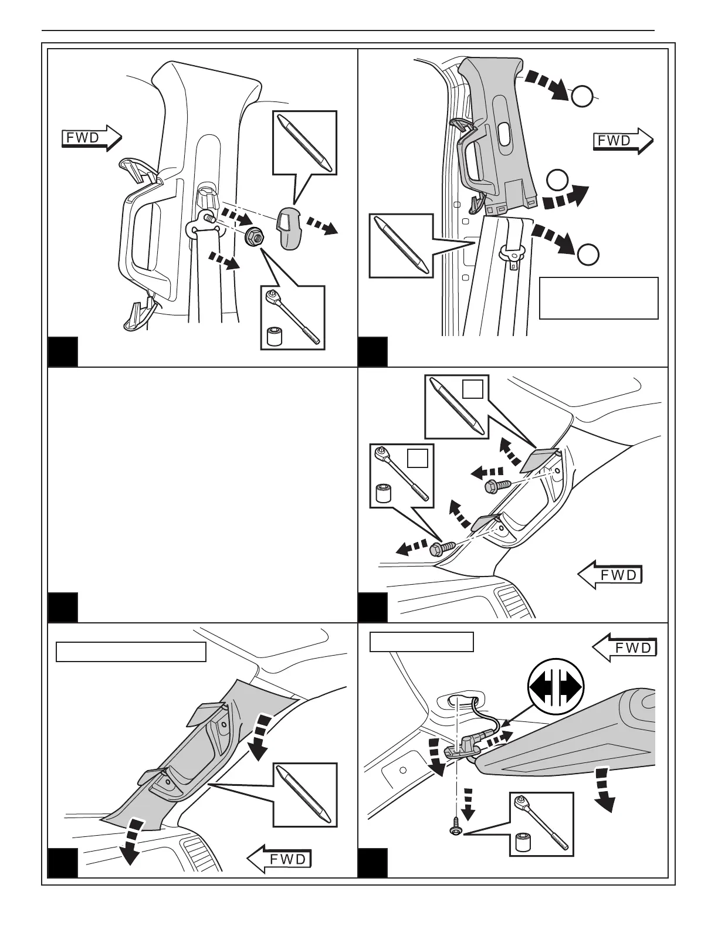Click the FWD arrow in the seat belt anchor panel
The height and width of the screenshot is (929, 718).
click(92, 138)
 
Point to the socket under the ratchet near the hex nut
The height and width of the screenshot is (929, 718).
click(272, 337)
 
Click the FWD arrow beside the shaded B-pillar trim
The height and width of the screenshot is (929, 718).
click(622, 141)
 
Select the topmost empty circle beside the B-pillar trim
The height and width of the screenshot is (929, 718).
click(582, 97)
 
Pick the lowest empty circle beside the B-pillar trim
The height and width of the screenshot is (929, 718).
click(588, 254)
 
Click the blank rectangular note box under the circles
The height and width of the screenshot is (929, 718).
click(598, 298)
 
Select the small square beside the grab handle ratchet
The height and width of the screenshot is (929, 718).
click(418, 457)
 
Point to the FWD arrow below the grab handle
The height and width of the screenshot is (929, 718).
click(610, 575)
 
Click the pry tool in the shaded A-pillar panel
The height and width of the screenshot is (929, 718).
click(306, 795)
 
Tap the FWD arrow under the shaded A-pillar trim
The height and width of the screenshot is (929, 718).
click(279, 859)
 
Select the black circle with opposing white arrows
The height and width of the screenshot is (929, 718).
click(555, 687)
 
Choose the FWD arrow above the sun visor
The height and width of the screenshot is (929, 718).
click(624, 647)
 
